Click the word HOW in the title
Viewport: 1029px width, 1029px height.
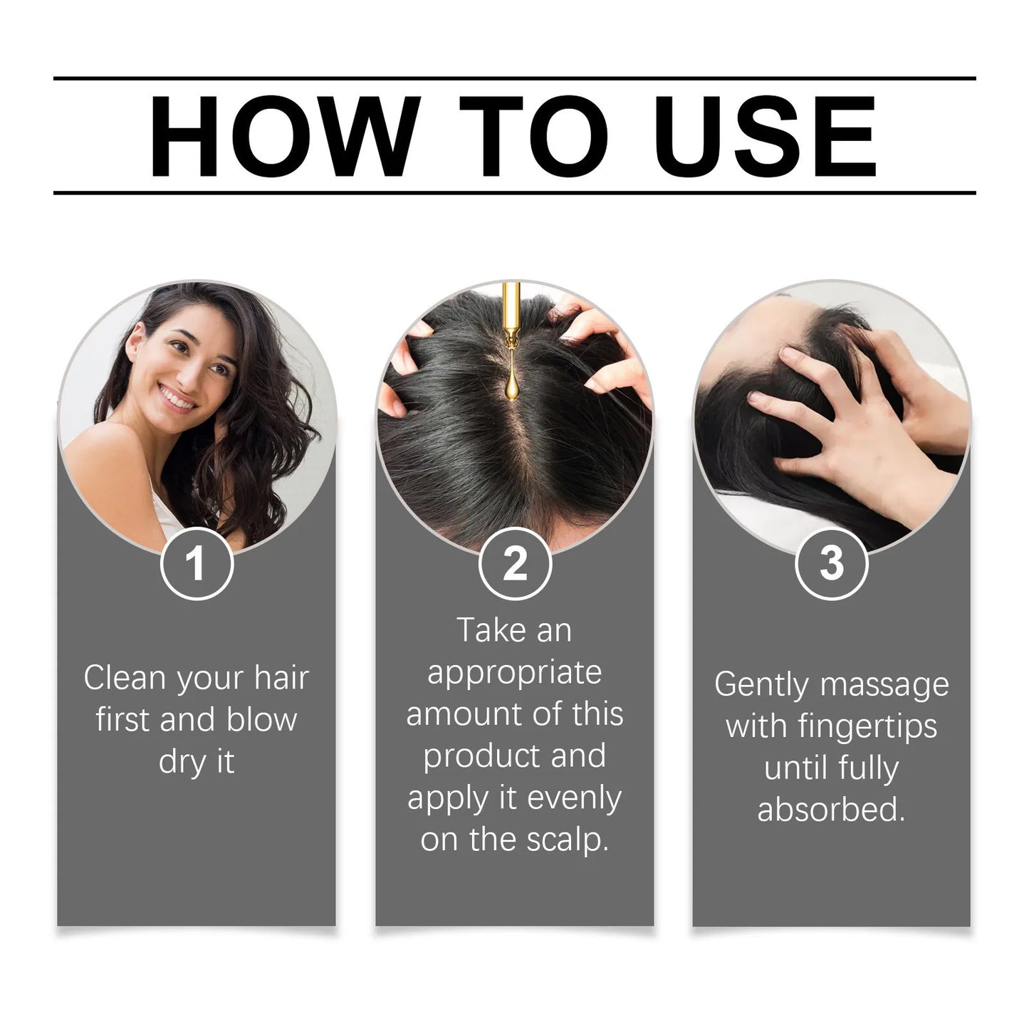285,136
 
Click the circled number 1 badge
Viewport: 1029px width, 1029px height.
197,564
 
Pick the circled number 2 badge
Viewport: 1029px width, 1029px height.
515,564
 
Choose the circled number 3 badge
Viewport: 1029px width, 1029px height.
832,564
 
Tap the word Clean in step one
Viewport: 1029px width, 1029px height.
125,678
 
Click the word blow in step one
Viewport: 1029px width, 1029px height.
261,720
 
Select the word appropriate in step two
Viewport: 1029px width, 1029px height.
514,673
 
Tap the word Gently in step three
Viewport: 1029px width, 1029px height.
762,684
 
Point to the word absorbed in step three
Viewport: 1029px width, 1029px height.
832,810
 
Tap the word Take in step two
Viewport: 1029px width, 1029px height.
491,630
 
